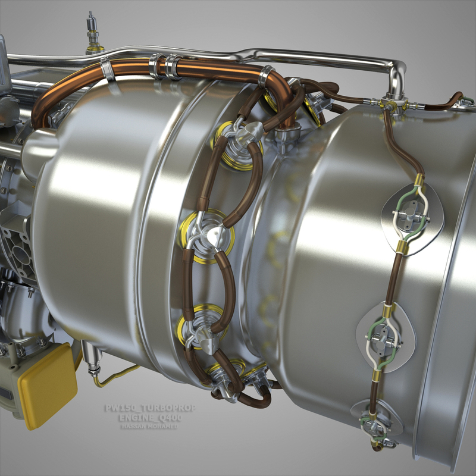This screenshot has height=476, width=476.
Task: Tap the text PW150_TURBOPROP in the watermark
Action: (x=149, y=409)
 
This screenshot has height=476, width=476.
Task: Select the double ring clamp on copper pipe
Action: (x=167, y=66)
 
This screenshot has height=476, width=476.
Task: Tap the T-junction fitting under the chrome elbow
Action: (x=393, y=104)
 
